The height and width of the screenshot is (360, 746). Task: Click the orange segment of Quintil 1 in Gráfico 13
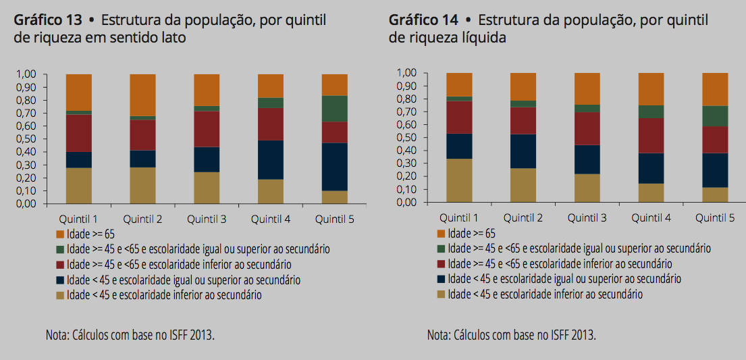click(x=79, y=92)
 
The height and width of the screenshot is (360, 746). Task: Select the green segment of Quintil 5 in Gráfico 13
click(x=334, y=109)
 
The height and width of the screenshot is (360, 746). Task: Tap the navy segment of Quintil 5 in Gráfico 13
click(x=334, y=167)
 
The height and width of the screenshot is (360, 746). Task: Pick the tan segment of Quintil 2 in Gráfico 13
click(x=142, y=185)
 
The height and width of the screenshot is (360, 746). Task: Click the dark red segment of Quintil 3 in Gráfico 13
click(x=207, y=129)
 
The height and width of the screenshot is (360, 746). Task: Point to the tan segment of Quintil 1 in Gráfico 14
click(x=459, y=180)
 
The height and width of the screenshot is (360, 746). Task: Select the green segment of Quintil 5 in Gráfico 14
click(x=715, y=116)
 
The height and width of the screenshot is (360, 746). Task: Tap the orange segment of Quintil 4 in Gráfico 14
click(x=651, y=88)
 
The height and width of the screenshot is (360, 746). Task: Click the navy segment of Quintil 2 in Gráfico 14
click(x=523, y=151)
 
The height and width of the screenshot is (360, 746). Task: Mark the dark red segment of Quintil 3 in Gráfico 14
click(x=587, y=128)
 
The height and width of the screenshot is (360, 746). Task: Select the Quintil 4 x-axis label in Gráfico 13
click(x=270, y=220)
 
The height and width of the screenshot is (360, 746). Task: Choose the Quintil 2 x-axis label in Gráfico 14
click(x=523, y=218)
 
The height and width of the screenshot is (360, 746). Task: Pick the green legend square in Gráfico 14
click(x=442, y=249)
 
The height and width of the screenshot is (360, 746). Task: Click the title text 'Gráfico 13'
click(x=42, y=20)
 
